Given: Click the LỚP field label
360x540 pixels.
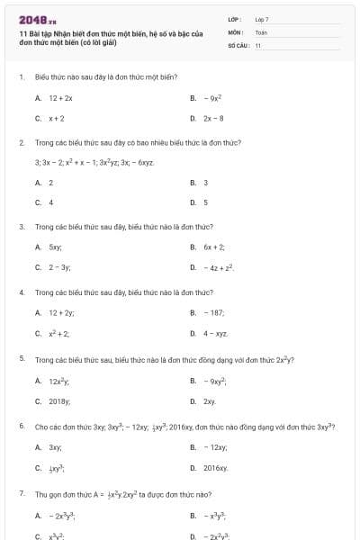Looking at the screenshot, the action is pos(235,19).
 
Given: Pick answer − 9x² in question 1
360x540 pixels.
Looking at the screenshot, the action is pos(212,97).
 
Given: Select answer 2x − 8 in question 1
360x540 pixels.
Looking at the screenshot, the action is pos(214,118).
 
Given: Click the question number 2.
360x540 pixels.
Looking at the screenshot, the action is pos(21,142).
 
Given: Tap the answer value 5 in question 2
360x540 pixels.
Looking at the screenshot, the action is pos(205,202).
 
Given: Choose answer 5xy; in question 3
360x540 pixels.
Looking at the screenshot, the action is pos(55,247).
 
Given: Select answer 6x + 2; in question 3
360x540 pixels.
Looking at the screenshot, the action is pos(214,247).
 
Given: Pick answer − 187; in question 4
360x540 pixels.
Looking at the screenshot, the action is pos(214,312).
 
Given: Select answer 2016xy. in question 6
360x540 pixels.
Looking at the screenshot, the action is pos(216,468).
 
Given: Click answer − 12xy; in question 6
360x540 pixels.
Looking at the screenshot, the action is pos(215,447).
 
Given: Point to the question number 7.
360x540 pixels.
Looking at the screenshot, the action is pos(21,494).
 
